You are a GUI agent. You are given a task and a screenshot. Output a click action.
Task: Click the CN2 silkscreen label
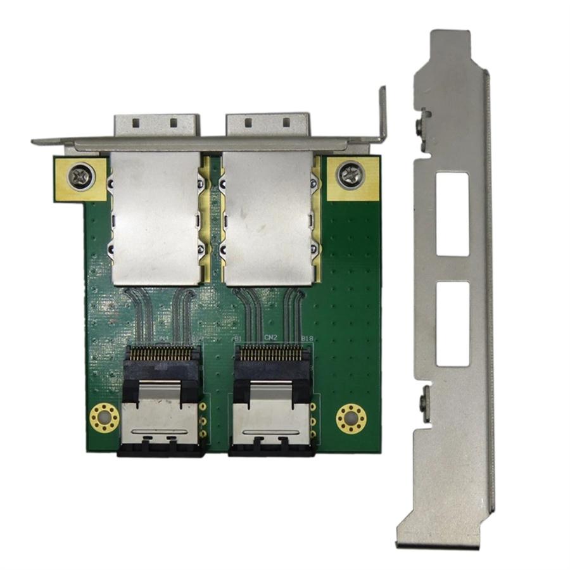(271, 338)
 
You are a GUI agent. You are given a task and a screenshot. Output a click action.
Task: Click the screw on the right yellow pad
(350, 174)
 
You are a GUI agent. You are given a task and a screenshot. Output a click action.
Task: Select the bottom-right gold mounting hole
(351, 418)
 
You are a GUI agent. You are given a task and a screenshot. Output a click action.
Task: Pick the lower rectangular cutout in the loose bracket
(452, 324)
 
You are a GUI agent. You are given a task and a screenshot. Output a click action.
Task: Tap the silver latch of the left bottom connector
(161, 418)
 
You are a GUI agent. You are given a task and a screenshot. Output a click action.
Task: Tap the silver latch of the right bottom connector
(271, 418)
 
